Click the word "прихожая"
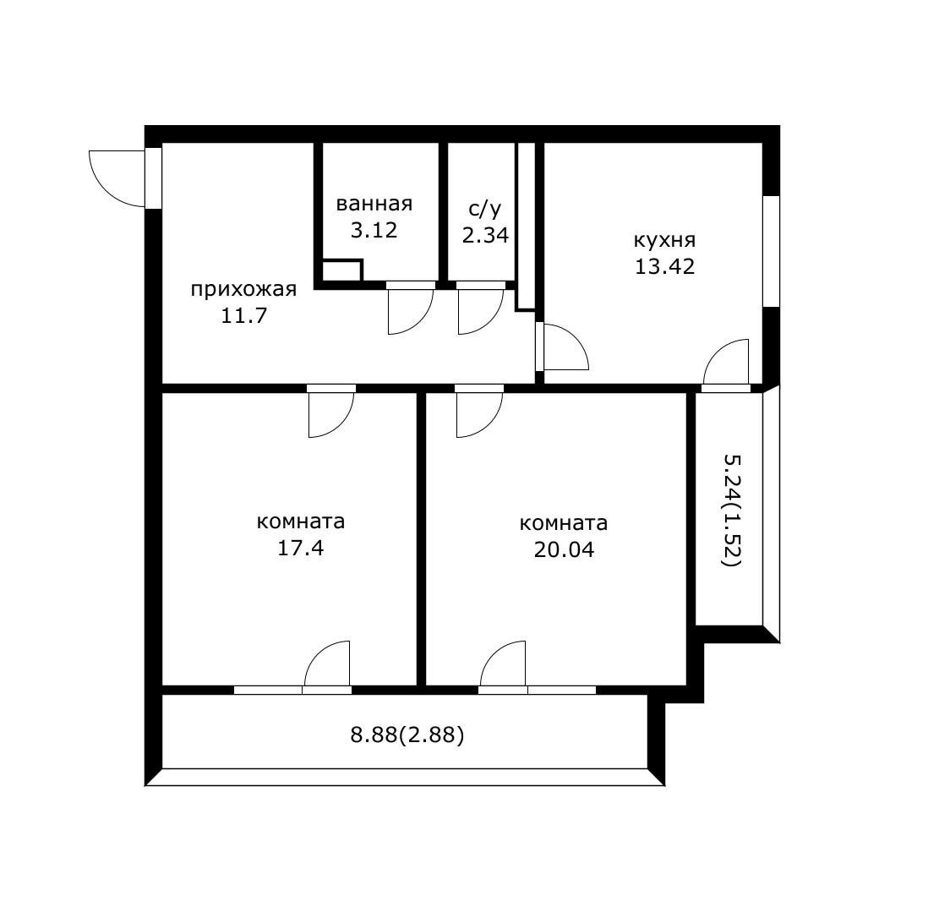(243, 290)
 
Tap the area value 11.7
(243, 315)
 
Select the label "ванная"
(374, 205)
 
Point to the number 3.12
(374, 231)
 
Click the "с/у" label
(485, 209)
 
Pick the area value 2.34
(485, 235)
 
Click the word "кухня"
(664, 241)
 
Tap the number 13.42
(664, 266)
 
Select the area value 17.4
(301, 548)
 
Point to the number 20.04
(564, 549)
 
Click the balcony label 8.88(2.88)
(407, 735)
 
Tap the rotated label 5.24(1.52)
(733, 511)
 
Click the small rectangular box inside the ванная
(342, 270)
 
